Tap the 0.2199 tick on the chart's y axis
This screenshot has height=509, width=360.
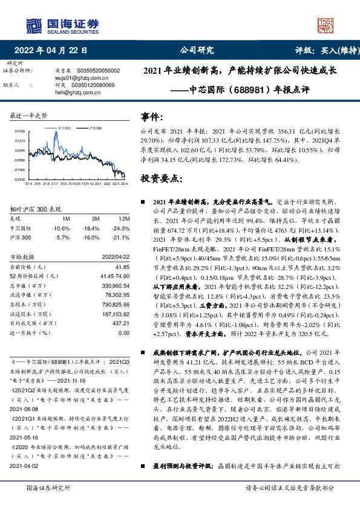20,131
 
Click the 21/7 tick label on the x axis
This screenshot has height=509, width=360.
55,183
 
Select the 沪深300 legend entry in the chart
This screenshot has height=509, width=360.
94,129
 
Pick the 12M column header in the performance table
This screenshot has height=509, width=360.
125,218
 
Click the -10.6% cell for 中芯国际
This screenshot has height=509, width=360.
62,228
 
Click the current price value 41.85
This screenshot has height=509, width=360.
122,266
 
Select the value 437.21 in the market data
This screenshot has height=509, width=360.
120,323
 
